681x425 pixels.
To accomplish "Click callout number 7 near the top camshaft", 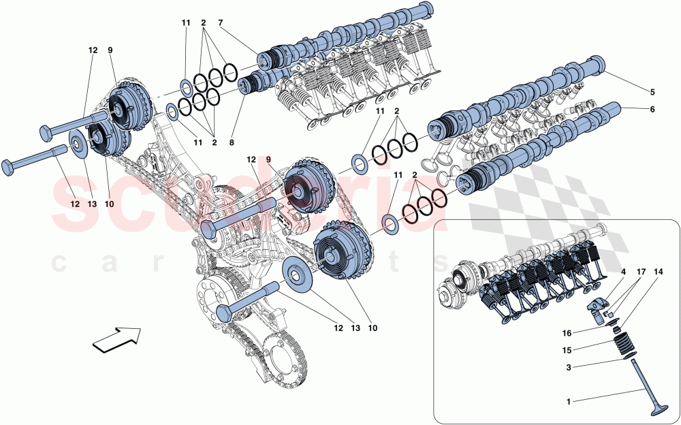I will click(221, 23).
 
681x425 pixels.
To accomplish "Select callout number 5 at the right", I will click(652, 91).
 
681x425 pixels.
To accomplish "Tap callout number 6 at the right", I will click(652, 108).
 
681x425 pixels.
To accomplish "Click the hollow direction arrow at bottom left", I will click(116, 339).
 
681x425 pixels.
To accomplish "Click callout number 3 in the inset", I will click(570, 367).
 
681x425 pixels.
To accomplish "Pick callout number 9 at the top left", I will click(110, 50).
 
